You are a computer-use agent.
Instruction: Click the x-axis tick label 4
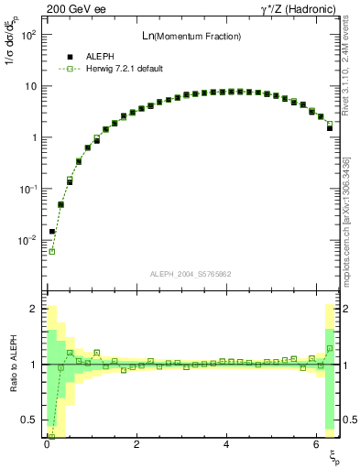(x=226, y=444)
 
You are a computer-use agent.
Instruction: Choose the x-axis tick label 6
(x=316, y=444)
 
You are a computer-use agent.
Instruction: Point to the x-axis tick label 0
(x=47, y=444)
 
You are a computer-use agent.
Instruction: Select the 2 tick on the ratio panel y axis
(x=33, y=309)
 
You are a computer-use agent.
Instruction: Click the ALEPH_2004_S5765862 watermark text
(x=190, y=274)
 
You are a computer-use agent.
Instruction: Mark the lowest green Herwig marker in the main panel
(x=52, y=251)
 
